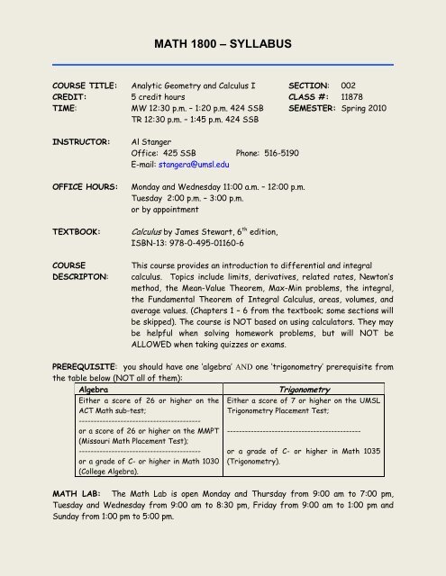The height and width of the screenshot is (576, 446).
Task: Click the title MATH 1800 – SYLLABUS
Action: [223, 43]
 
